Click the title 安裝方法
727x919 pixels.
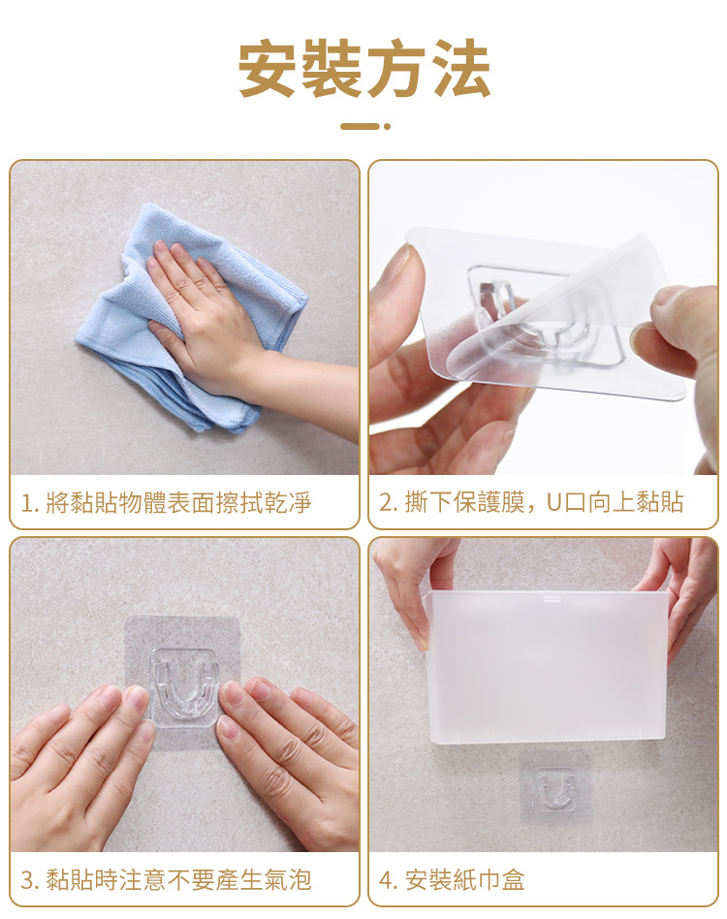(363, 69)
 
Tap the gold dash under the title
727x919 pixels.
(359, 126)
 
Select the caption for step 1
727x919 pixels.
(166, 503)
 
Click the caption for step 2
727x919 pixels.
(531, 502)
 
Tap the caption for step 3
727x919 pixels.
(166, 879)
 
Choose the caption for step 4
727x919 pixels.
(452, 879)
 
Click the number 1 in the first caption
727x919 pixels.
(26, 503)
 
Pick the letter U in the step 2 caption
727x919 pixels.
(554, 503)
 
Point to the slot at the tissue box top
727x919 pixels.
(553, 598)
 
